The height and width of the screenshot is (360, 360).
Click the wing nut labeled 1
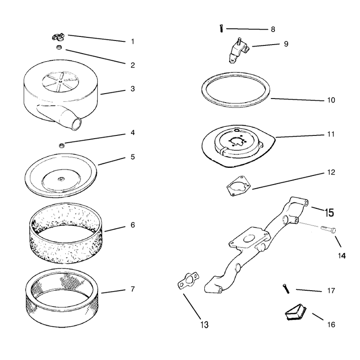[58, 37]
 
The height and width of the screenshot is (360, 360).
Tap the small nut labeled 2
[59, 47]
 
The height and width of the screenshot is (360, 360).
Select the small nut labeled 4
[62, 145]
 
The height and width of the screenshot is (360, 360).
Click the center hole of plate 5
[61, 179]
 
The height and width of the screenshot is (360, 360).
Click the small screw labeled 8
[221, 28]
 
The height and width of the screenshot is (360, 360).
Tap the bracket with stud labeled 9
[239, 50]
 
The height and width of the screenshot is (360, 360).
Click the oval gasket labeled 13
[189, 280]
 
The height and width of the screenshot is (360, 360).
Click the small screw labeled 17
[286, 288]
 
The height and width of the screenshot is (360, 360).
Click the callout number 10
[331, 100]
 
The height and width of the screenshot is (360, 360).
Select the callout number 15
[329, 212]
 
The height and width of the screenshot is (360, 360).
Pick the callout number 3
[132, 89]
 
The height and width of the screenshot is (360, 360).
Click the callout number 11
[331, 134]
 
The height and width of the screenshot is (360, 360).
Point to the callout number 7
[132, 289]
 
